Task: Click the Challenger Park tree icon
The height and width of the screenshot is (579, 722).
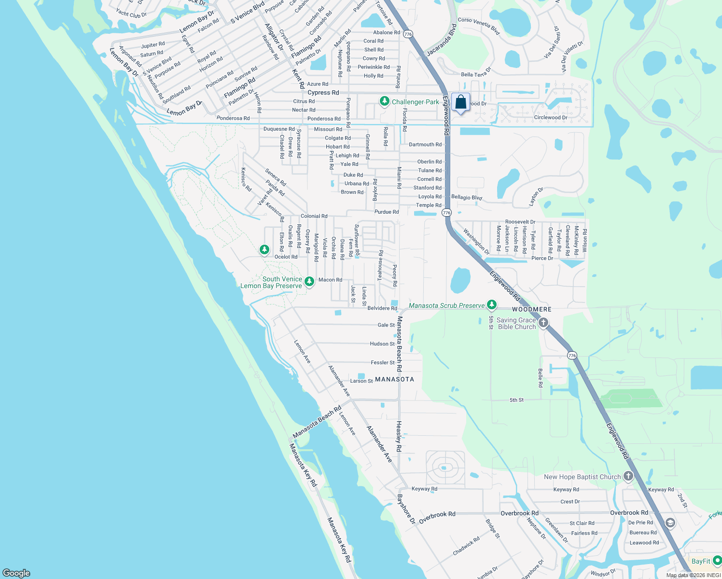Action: (x=384, y=101)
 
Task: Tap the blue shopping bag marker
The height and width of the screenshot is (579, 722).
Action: (x=460, y=102)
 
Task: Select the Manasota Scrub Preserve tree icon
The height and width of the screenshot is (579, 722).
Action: (x=491, y=304)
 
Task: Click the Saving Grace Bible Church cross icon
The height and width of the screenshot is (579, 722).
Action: (x=543, y=322)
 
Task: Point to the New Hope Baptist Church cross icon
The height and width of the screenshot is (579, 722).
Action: (x=628, y=476)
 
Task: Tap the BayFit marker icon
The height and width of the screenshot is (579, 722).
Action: (x=717, y=561)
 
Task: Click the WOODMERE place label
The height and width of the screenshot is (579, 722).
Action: (x=531, y=309)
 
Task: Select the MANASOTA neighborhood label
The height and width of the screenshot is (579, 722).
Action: (x=394, y=379)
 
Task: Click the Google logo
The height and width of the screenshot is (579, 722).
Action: (x=16, y=573)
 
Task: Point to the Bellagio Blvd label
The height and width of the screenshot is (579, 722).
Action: (x=466, y=197)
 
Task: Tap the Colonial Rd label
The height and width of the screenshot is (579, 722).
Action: (x=314, y=216)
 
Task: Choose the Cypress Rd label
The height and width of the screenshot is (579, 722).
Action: (x=323, y=93)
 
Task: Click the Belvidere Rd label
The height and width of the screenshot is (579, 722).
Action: (x=382, y=308)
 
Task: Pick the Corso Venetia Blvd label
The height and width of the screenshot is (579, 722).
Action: (x=478, y=26)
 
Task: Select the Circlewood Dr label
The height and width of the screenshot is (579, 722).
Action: (x=550, y=118)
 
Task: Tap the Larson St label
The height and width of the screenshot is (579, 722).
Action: (x=361, y=381)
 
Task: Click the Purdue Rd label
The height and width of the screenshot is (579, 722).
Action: (x=387, y=212)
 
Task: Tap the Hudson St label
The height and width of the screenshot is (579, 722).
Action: (x=382, y=344)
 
